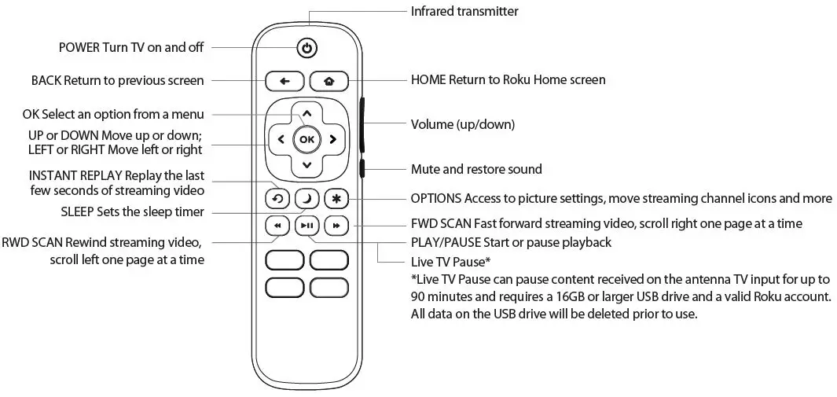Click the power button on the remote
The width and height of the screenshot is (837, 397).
[x=307, y=49]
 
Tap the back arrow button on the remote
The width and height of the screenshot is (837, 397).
[x=285, y=80]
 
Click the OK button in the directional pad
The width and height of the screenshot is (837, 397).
[x=307, y=140]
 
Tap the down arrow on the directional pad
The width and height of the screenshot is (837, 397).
[x=307, y=166]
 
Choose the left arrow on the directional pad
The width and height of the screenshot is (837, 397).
[x=281, y=140]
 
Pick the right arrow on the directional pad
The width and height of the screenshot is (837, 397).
[x=333, y=140]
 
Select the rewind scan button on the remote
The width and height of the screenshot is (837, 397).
[x=277, y=226]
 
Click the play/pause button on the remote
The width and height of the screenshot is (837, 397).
[x=307, y=226]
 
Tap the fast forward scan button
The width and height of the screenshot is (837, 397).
[x=336, y=226]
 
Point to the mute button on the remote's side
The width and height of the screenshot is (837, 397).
[x=363, y=167]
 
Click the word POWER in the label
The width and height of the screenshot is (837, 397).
[x=79, y=48]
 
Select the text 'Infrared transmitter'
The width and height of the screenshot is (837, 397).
[x=464, y=11]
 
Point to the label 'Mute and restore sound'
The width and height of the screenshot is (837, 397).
[x=476, y=169]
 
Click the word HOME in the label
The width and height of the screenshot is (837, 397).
[x=428, y=80]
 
